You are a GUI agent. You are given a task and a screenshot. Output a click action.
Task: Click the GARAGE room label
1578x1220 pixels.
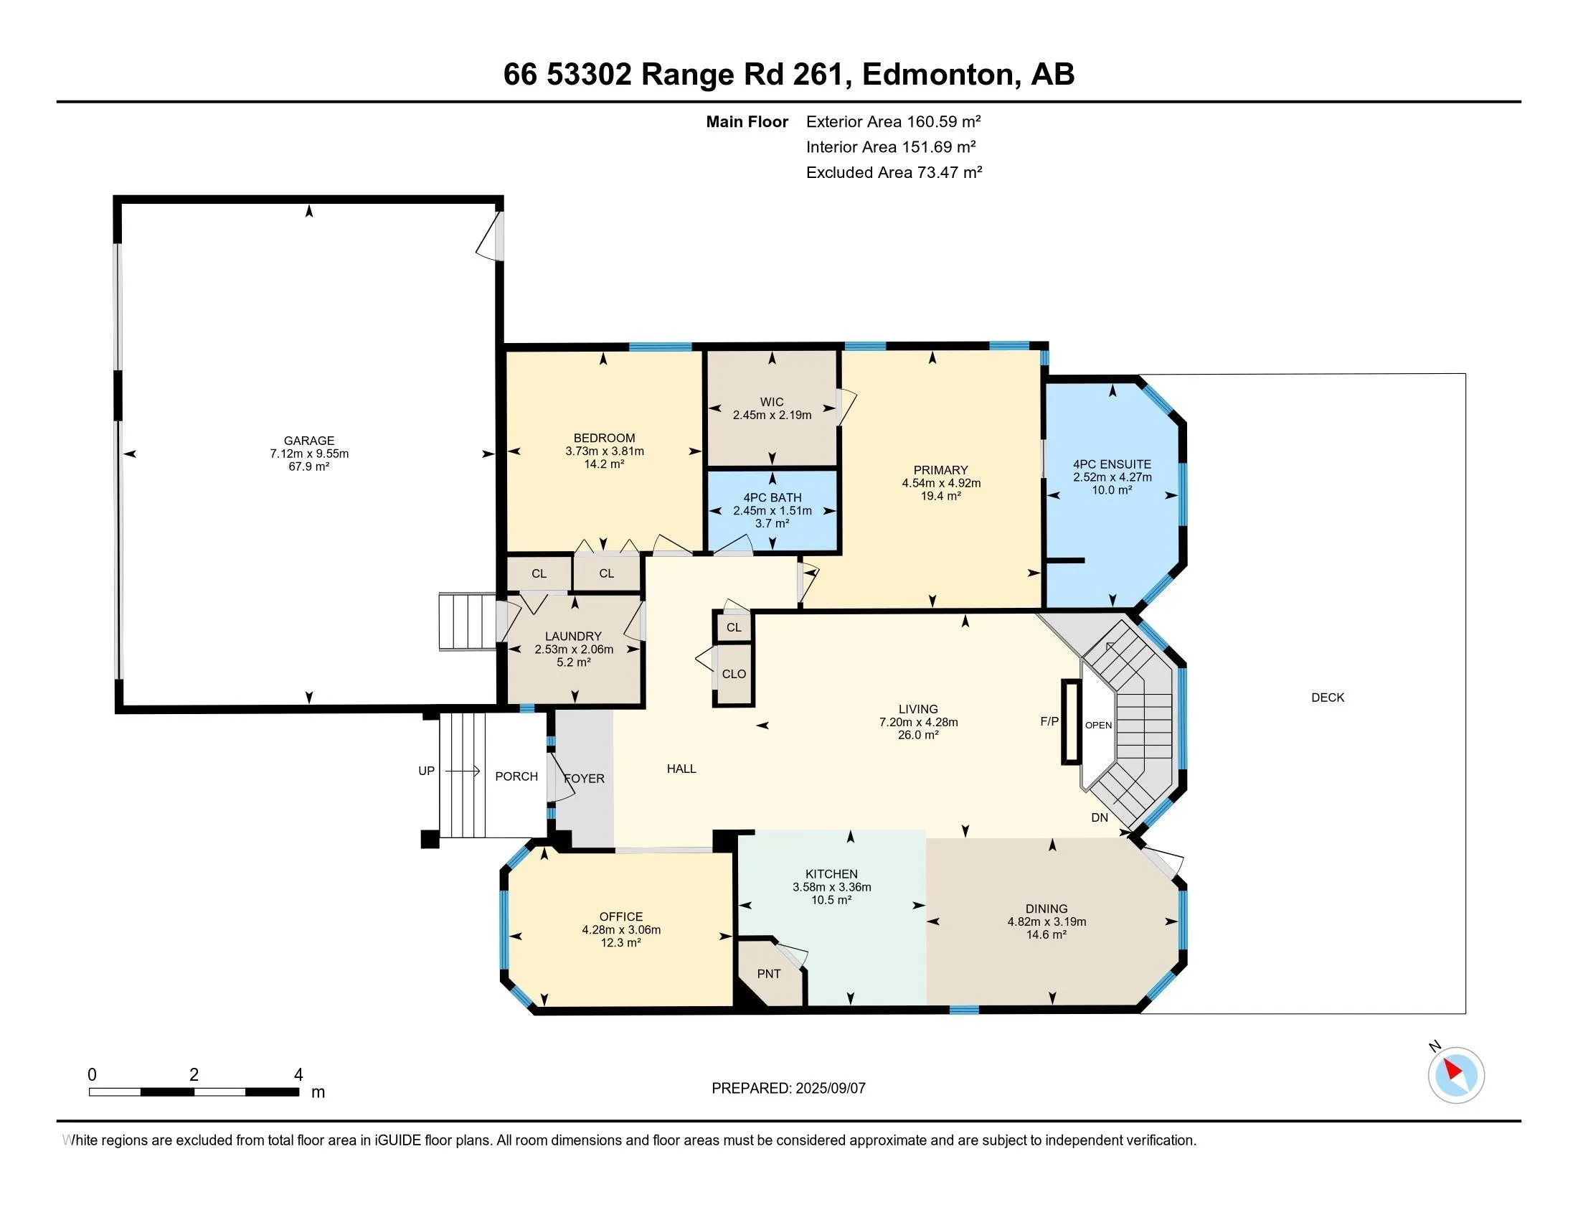[x=309, y=441]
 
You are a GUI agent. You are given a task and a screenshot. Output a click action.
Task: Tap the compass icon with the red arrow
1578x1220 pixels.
[x=1456, y=1074]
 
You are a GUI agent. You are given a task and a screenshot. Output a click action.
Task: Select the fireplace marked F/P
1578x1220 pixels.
[x=1070, y=721]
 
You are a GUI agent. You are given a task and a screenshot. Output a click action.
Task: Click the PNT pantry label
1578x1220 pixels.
[x=769, y=974]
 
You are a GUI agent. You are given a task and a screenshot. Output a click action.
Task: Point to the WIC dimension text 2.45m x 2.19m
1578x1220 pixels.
[x=773, y=415]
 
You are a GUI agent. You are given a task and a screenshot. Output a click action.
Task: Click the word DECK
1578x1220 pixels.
[x=1328, y=698]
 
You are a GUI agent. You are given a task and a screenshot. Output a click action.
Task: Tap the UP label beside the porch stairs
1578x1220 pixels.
[x=426, y=771]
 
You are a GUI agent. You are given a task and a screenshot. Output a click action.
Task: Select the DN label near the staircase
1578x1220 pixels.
[x=1100, y=817]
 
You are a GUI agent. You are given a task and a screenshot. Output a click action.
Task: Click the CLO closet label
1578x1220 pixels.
[x=734, y=674]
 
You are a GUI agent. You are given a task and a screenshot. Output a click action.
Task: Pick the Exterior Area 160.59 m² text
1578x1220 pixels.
[x=894, y=121]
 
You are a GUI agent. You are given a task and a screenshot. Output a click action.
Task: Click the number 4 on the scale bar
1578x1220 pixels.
[x=298, y=1075]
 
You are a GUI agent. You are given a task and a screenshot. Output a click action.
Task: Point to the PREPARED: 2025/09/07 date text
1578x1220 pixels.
[x=788, y=1089]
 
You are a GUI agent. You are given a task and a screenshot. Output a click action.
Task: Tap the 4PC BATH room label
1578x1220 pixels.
[x=773, y=497]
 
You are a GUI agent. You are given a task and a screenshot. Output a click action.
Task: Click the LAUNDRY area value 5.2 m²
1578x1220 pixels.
[x=574, y=662]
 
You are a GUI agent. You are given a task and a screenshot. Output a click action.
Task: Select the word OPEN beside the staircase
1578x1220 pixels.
[x=1098, y=725]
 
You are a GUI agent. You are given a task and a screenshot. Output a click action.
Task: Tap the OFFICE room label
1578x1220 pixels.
[x=620, y=916]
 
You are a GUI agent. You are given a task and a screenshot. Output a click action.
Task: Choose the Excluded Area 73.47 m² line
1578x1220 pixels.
[x=894, y=172]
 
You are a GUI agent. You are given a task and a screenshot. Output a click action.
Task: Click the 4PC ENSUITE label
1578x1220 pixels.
[x=1112, y=464]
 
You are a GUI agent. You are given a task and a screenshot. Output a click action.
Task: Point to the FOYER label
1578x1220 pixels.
[x=584, y=779]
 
